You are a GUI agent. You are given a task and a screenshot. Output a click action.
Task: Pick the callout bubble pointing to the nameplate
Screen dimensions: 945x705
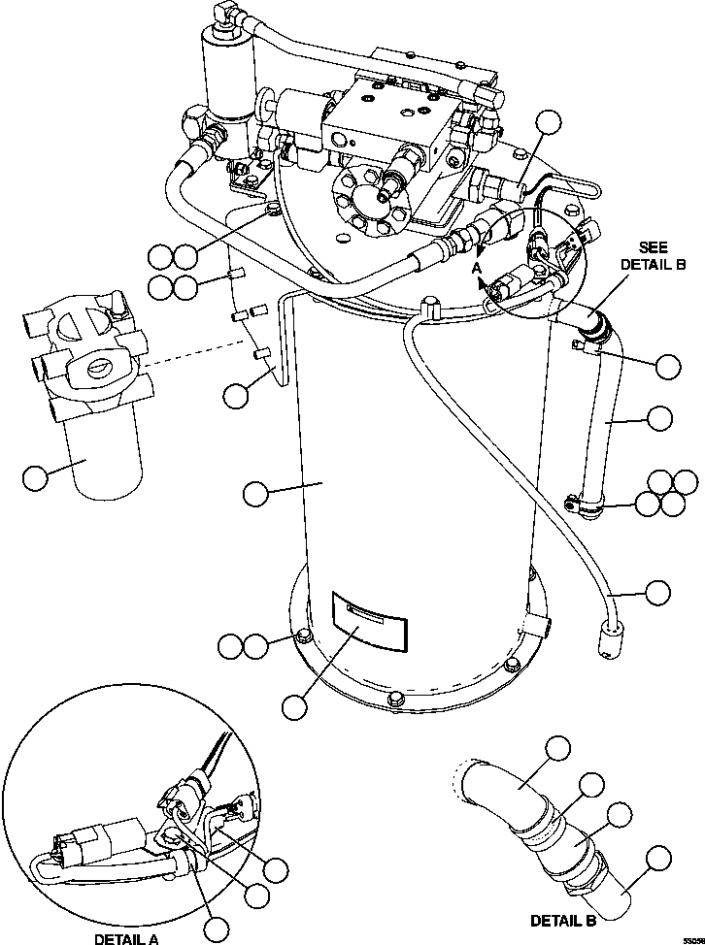tap(291, 707)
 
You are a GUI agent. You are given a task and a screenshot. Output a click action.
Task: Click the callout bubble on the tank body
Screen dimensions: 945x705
tap(255, 493)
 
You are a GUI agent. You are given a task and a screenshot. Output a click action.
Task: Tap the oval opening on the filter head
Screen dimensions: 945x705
tap(97, 366)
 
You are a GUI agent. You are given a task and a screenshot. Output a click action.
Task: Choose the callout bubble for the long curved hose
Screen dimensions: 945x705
tap(658, 591)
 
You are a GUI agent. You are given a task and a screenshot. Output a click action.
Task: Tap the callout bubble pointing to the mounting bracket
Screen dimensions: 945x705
tap(234, 394)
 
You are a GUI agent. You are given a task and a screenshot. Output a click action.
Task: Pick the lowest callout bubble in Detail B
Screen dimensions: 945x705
tap(658, 857)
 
